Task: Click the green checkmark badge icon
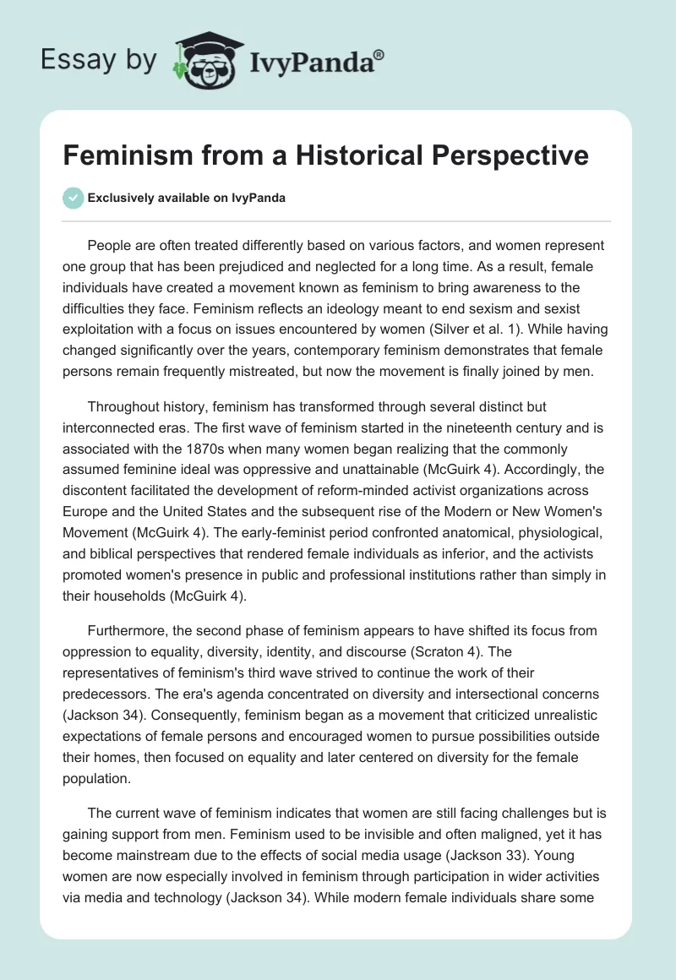coord(72,198)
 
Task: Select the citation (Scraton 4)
coord(457,651)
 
